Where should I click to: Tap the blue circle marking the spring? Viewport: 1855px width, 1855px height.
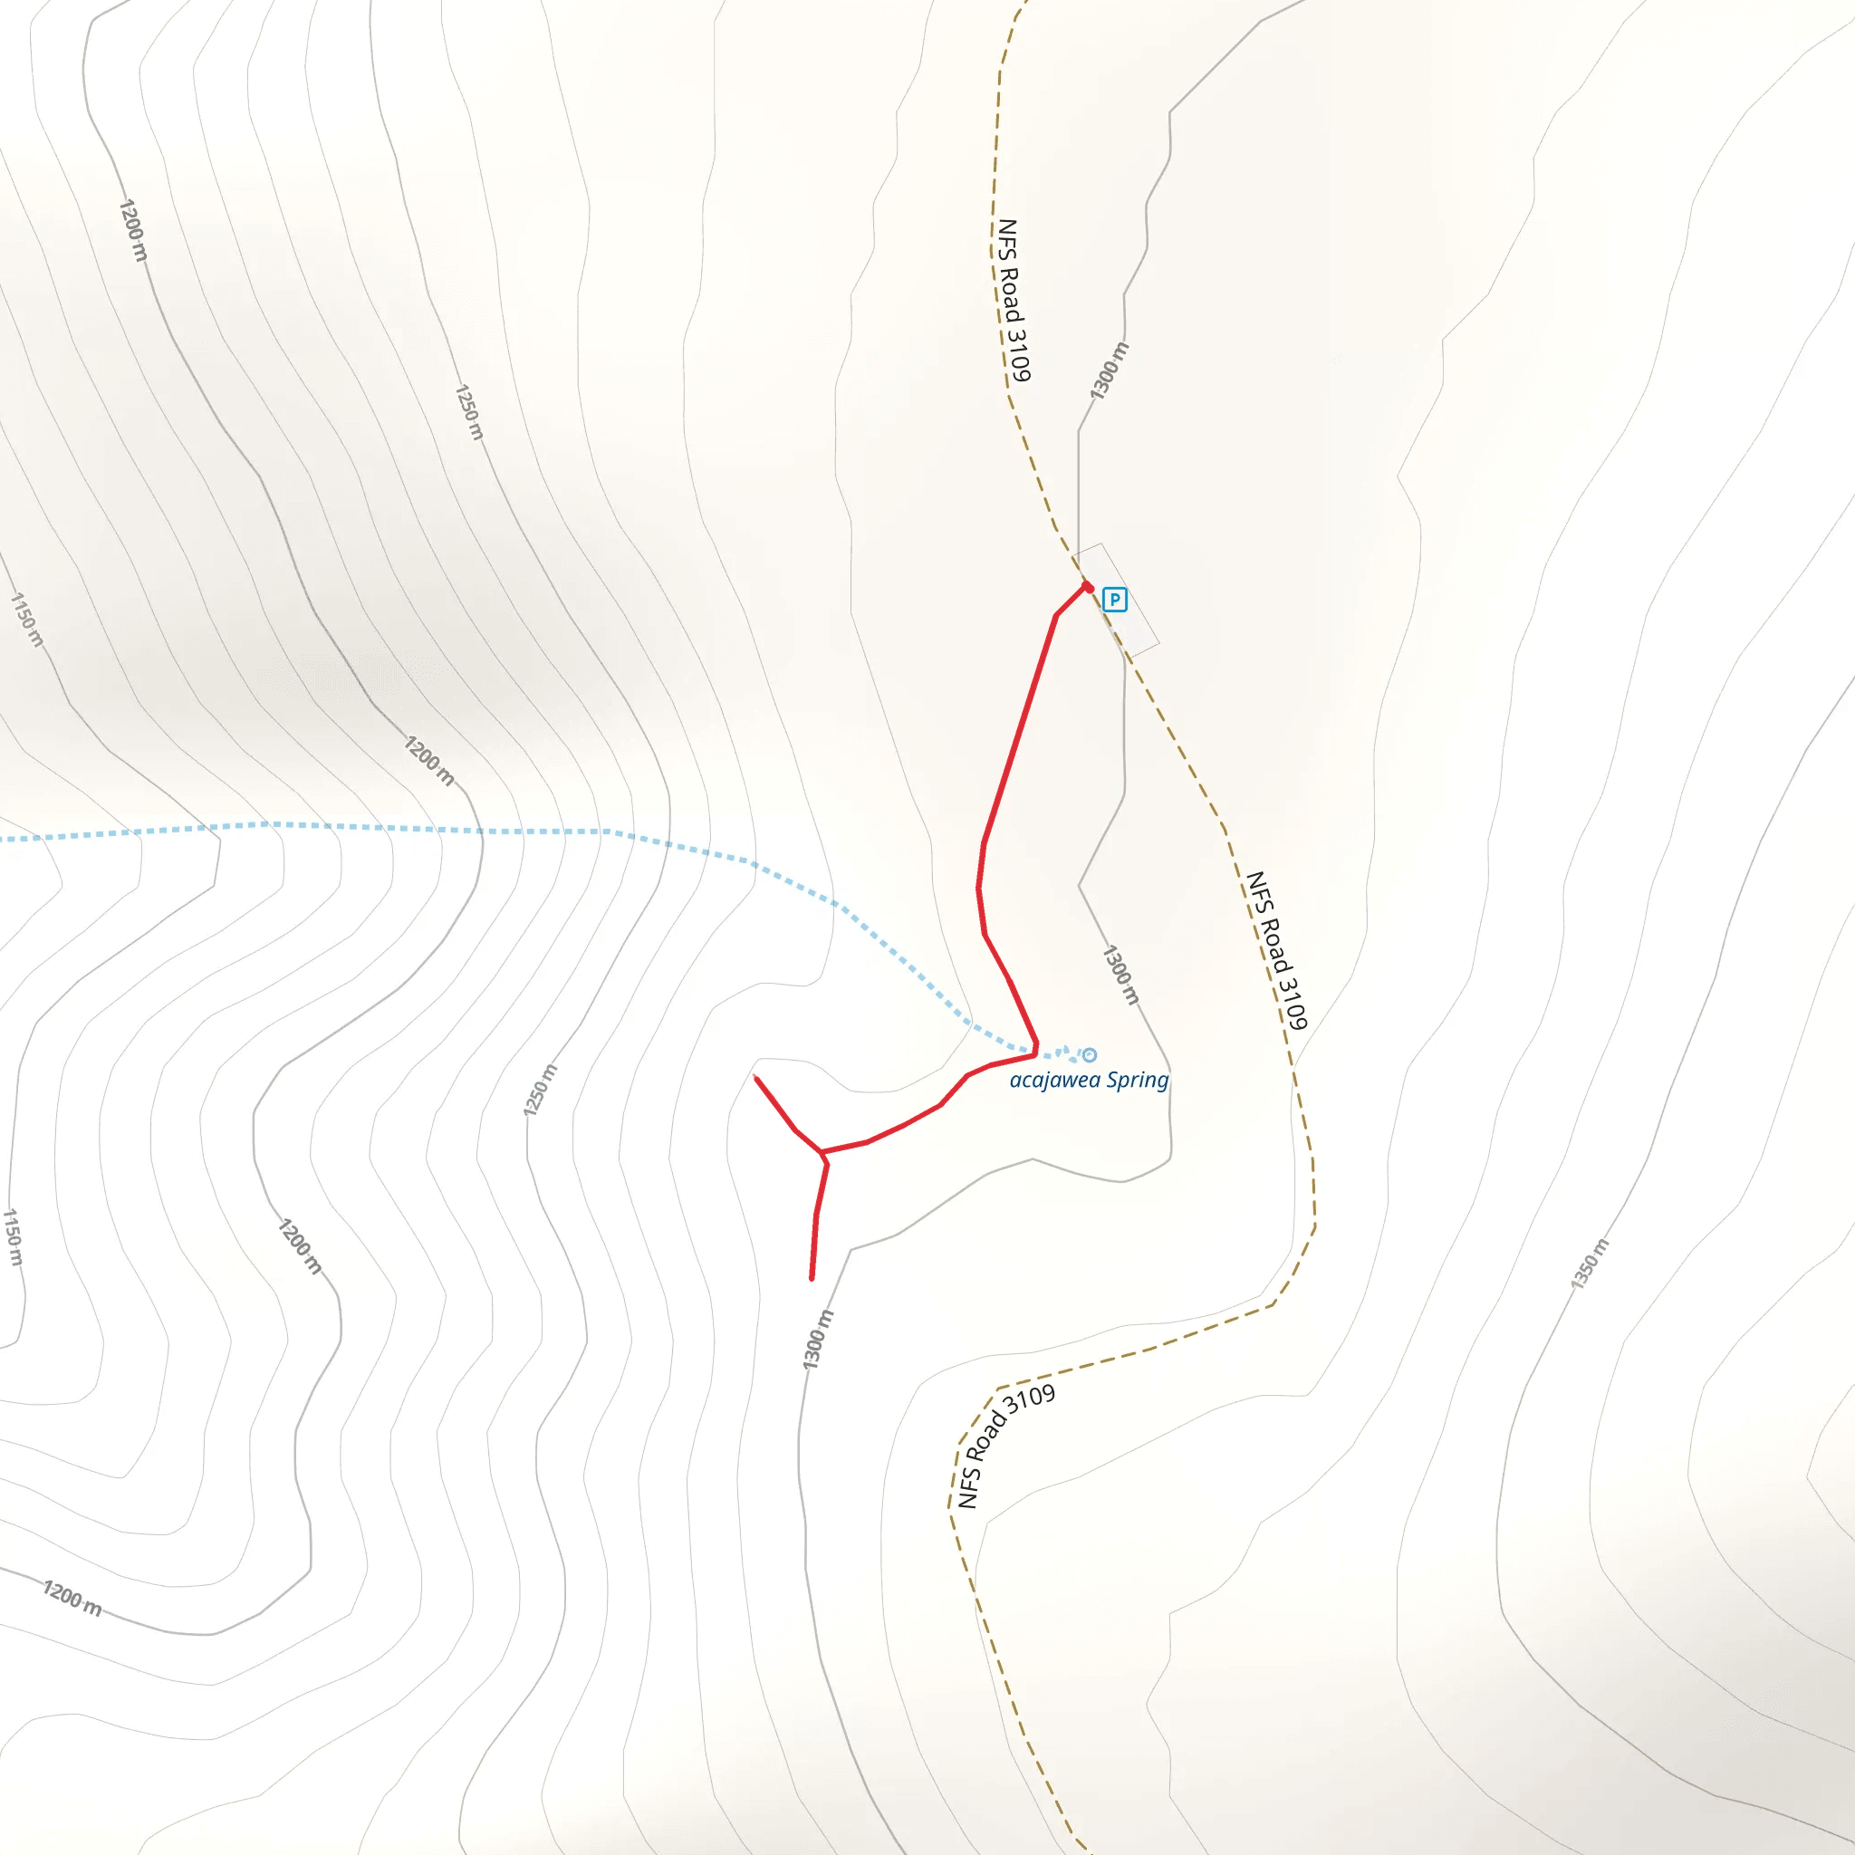tap(1089, 1055)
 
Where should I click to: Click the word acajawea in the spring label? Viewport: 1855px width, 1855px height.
tap(1054, 1081)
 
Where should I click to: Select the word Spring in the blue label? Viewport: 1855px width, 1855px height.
tap(1137, 1081)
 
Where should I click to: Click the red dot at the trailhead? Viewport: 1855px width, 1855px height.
tap(1088, 588)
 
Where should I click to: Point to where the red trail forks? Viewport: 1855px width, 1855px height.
tap(822, 1153)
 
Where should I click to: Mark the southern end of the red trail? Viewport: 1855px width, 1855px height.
tap(812, 1279)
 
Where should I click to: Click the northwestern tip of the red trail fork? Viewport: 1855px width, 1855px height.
tap(756, 1078)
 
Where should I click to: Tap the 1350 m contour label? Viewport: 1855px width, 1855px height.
tap(1589, 1264)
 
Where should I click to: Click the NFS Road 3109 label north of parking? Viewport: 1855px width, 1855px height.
tap(1013, 300)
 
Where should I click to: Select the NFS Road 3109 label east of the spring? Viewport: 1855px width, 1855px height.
tap(1276, 949)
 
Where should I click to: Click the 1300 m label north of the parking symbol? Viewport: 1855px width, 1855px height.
tap(1109, 370)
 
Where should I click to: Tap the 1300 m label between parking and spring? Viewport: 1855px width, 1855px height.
tap(1120, 975)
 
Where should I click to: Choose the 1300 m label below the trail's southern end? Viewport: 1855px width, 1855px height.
tap(818, 1340)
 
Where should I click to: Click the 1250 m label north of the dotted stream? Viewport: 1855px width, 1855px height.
tap(468, 412)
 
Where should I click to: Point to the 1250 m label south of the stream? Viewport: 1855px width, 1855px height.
tap(540, 1091)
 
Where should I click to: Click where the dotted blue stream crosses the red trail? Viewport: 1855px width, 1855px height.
tap(1035, 1050)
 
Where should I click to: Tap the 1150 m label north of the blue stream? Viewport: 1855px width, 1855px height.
tap(27, 620)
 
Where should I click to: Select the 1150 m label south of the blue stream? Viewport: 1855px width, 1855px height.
tap(12, 1237)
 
